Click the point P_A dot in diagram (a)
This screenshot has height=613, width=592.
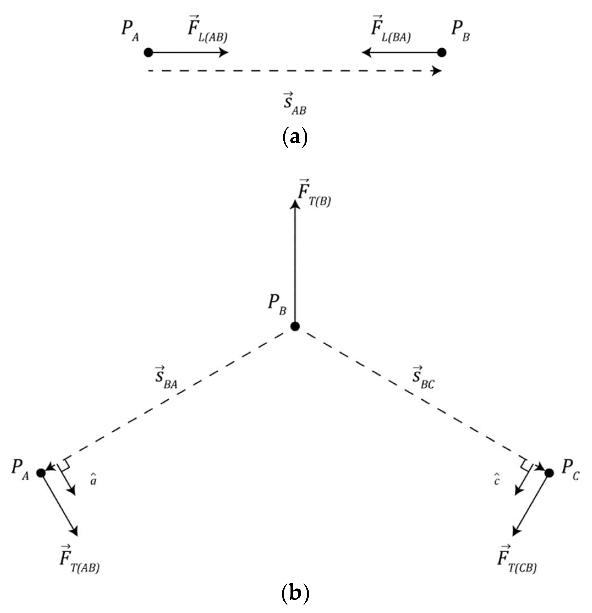148,52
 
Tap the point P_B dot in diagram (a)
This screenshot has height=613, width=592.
442,52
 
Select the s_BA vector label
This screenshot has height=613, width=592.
166,378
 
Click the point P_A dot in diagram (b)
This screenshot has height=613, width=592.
41,473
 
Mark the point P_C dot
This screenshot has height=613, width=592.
549,473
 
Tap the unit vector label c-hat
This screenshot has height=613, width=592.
497,480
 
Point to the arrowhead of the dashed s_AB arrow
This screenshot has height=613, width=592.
437,71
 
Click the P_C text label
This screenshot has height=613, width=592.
570,469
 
